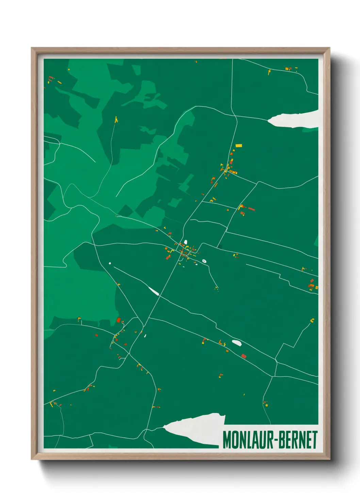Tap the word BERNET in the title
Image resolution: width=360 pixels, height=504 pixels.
click(x=298, y=440)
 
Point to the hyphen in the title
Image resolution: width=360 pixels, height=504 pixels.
click(x=276, y=441)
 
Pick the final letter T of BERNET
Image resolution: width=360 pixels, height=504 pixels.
click(x=315, y=440)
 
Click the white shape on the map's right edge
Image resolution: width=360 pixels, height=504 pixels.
click(x=295, y=120)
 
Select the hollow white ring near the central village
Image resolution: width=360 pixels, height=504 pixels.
click(x=204, y=261)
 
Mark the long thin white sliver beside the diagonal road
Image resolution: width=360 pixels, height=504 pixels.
click(x=154, y=291)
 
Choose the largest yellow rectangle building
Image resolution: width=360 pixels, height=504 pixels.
click(x=239, y=145)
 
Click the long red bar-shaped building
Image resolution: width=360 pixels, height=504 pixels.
click(x=251, y=209)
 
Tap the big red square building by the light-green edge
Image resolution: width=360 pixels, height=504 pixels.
click(x=118, y=320)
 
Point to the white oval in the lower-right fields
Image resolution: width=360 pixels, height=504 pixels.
click(x=236, y=343)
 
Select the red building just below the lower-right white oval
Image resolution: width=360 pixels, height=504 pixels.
click(x=244, y=356)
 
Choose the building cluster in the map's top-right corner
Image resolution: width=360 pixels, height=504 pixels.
click(x=289, y=69)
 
